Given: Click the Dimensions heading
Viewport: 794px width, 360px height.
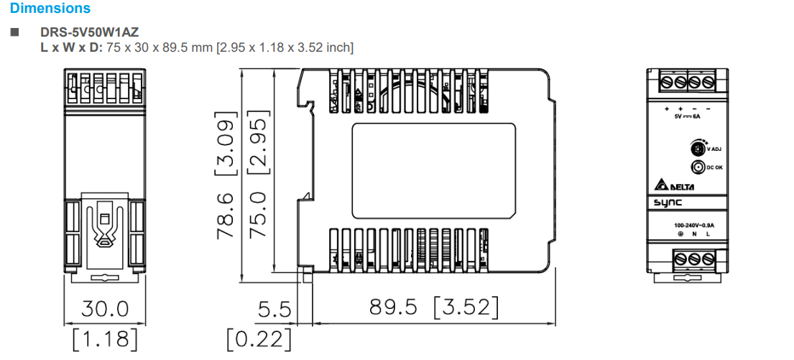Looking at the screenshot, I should pos(50,9).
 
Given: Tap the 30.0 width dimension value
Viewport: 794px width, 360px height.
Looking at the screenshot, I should pos(104,309).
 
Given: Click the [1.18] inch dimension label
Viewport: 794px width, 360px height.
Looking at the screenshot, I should pos(104,338).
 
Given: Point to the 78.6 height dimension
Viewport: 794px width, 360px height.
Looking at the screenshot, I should pos(226,215).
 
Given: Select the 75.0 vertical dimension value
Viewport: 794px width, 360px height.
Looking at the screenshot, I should pos(257,215).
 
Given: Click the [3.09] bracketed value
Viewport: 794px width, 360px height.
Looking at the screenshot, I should pos(226,144).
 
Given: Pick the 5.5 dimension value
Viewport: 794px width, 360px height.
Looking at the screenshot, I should pos(275,310).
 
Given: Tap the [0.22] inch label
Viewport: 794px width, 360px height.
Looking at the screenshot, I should pos(259,338).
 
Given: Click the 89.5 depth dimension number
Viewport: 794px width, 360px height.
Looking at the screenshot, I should pos(392,308).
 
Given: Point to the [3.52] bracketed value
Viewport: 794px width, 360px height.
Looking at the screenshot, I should pos(465,308).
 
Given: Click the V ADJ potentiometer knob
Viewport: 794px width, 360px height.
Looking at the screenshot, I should pos(697,149).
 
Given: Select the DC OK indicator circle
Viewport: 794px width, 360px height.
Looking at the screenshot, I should pos(697,167).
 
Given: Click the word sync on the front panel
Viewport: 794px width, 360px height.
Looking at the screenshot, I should pos(668,203).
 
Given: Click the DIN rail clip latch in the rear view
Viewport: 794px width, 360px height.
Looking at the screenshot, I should pos(103,230).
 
